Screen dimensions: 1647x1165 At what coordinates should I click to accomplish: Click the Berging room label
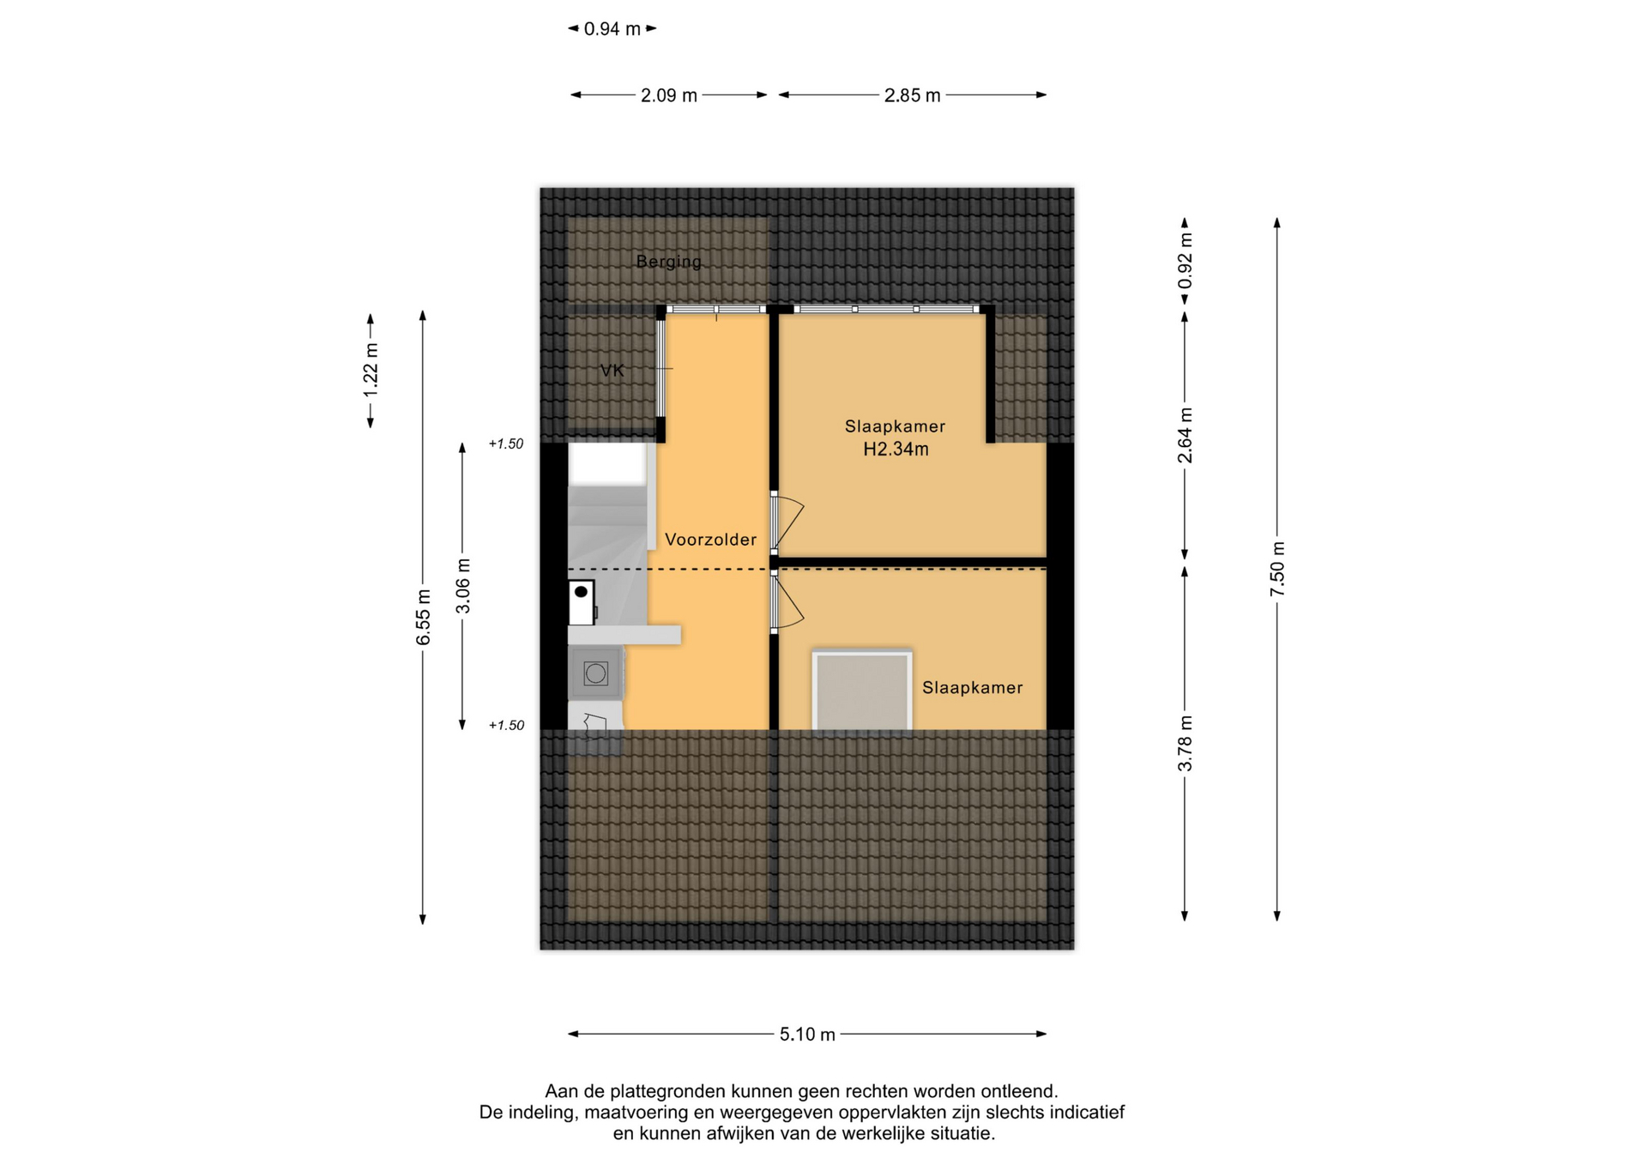point(668,263)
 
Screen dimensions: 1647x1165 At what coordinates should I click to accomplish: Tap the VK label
point(612,371)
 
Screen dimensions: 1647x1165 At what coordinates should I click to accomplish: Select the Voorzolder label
point(711,540)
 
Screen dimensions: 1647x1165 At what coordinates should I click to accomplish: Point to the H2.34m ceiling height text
point(896,449)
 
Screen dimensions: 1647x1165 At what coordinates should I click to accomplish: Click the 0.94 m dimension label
point(612,29)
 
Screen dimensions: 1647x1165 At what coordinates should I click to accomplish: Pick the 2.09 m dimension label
point(669,95)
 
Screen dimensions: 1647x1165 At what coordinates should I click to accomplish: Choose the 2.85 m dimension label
point(913,95)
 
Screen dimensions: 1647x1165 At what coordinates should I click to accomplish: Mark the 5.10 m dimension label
point(807,1035)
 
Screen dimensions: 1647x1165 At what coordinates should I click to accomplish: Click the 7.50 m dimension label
point(1277,569)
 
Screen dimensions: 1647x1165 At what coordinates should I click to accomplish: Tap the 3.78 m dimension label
point(1185,743)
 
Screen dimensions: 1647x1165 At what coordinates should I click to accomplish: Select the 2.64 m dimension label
point(1185,435)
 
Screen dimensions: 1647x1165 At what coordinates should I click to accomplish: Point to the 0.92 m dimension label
point(1185,261)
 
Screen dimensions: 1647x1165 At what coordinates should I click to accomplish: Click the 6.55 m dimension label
point(423,618)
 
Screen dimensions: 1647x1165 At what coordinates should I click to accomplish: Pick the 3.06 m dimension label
point(462,586)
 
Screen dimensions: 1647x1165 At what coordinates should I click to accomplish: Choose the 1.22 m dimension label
point(371,371)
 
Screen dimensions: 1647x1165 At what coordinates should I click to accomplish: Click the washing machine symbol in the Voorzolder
point(595,673)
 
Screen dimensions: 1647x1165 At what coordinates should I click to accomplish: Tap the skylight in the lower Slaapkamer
point(862,691)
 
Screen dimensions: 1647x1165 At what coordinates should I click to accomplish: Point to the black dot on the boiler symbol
point(581,592)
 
